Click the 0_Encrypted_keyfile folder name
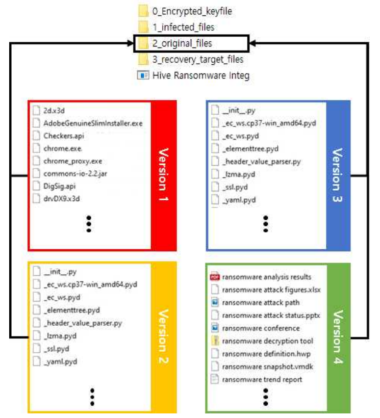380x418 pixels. tap(188, 11)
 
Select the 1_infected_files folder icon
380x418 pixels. tap(144, 27)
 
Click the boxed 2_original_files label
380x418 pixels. tap(182, 43)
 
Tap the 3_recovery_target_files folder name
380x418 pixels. tap(197, 60)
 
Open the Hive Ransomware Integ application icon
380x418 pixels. tap(142, 75)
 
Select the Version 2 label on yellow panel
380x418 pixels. tap(163, 337)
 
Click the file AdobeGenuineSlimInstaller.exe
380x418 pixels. tap(93, 123)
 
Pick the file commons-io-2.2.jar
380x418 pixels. tap(75, 174)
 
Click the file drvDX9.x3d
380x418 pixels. tap(62, 199)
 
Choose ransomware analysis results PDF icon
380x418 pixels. tap(214, 277)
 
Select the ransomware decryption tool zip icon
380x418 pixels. tap(214, 341)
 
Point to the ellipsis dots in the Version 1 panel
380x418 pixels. tap(89, 223)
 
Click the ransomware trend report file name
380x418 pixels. tap(262, 379)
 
